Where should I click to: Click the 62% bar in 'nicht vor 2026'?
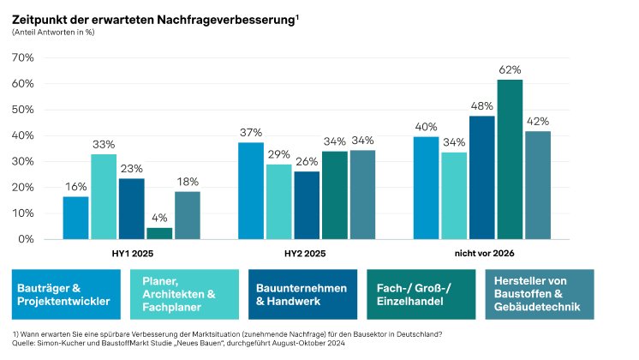tap(510, 159)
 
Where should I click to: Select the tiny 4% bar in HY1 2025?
tap(159, 233)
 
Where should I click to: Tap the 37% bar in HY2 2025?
tap(250, 191)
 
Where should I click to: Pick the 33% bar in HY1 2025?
tap(104, 196)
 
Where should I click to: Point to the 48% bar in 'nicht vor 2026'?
tap(481, 177)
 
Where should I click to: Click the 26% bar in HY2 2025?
tap(306, 206)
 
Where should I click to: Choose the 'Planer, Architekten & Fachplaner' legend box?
tap(184, 295)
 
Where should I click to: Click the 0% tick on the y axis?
tap(25, 239)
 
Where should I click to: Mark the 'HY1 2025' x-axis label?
tap(131, 254)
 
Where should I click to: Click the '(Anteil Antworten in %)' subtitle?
tap(51, 32)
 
